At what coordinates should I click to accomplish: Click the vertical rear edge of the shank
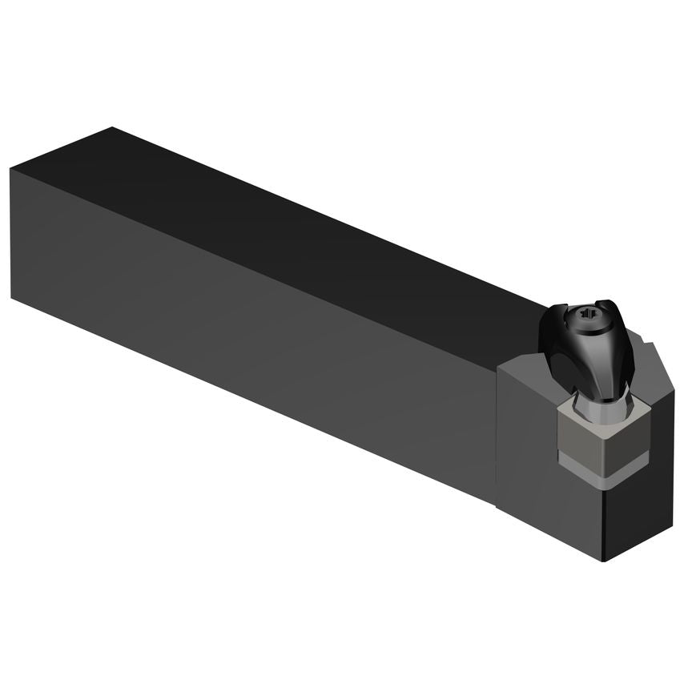11,232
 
